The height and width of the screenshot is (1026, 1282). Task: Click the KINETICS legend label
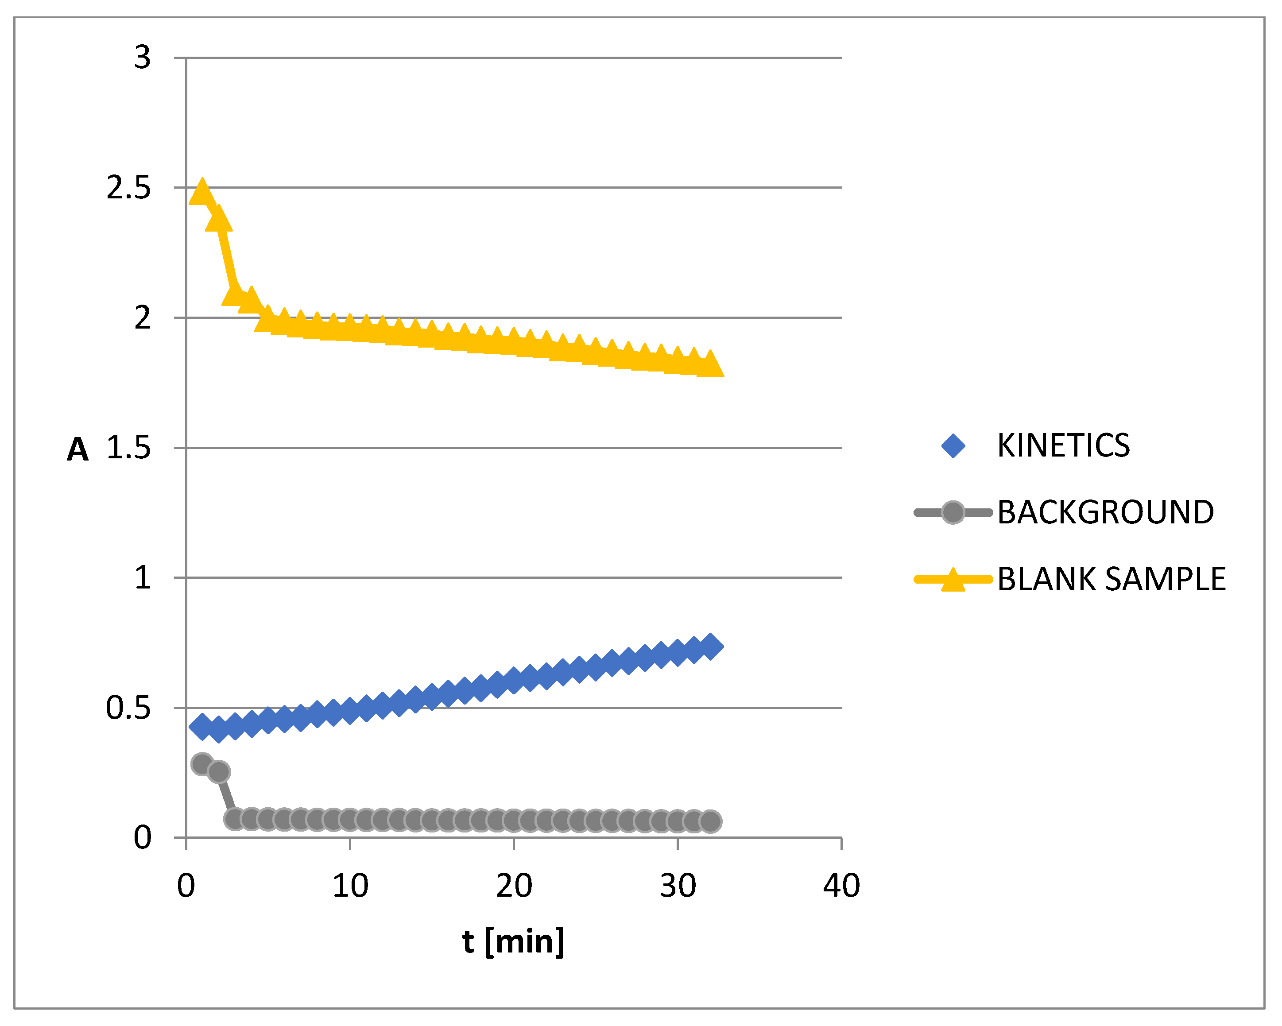(x=1063, y=446)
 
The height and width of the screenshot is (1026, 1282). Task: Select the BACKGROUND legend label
(x=1105, y=512)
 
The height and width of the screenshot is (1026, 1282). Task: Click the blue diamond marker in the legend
(x=953, y=446)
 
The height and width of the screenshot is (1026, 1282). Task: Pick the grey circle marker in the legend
(x=953, y=512)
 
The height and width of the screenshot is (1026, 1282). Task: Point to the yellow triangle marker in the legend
(x=953, y=580)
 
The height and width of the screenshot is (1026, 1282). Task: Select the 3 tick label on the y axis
(x=142, y=58)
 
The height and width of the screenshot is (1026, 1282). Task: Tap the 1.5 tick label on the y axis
(x=128, y=448)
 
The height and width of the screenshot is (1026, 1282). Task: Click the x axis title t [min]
(x=513, y=941)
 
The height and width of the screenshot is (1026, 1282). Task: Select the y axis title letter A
(x=77, y=449)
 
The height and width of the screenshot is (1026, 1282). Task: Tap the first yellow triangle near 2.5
(x=202, y=193)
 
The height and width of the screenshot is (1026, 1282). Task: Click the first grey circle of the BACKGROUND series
(x=202, y=764)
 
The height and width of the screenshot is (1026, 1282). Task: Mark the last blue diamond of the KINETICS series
(x=710, y=646)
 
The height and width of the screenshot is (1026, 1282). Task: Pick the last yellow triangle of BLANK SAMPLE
(x=710, y=364)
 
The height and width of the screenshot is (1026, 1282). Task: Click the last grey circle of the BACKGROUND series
(x=710, y=821)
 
